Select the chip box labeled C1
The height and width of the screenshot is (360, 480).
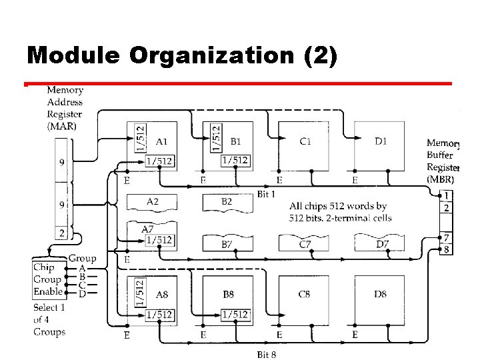point(305,143)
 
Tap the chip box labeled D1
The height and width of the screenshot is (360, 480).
point(380,143)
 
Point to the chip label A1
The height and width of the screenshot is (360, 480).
point(162,141)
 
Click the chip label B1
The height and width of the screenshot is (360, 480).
point(237,141)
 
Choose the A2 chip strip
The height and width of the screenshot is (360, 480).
point(152,201)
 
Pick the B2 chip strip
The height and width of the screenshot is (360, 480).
point(227,201)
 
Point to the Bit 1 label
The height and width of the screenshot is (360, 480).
point(267,194)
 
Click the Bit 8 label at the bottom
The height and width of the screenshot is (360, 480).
point(267,354)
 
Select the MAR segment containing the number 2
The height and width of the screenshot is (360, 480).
point(63,233)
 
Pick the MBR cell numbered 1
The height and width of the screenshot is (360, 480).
point(447,196)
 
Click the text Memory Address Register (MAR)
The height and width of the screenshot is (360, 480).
point(65,108)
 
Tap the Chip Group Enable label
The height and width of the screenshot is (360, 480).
point(47,279)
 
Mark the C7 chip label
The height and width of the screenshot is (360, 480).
point(305,245)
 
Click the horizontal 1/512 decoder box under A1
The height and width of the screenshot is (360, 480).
point(160,160)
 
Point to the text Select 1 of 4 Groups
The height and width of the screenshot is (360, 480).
point(49,319)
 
